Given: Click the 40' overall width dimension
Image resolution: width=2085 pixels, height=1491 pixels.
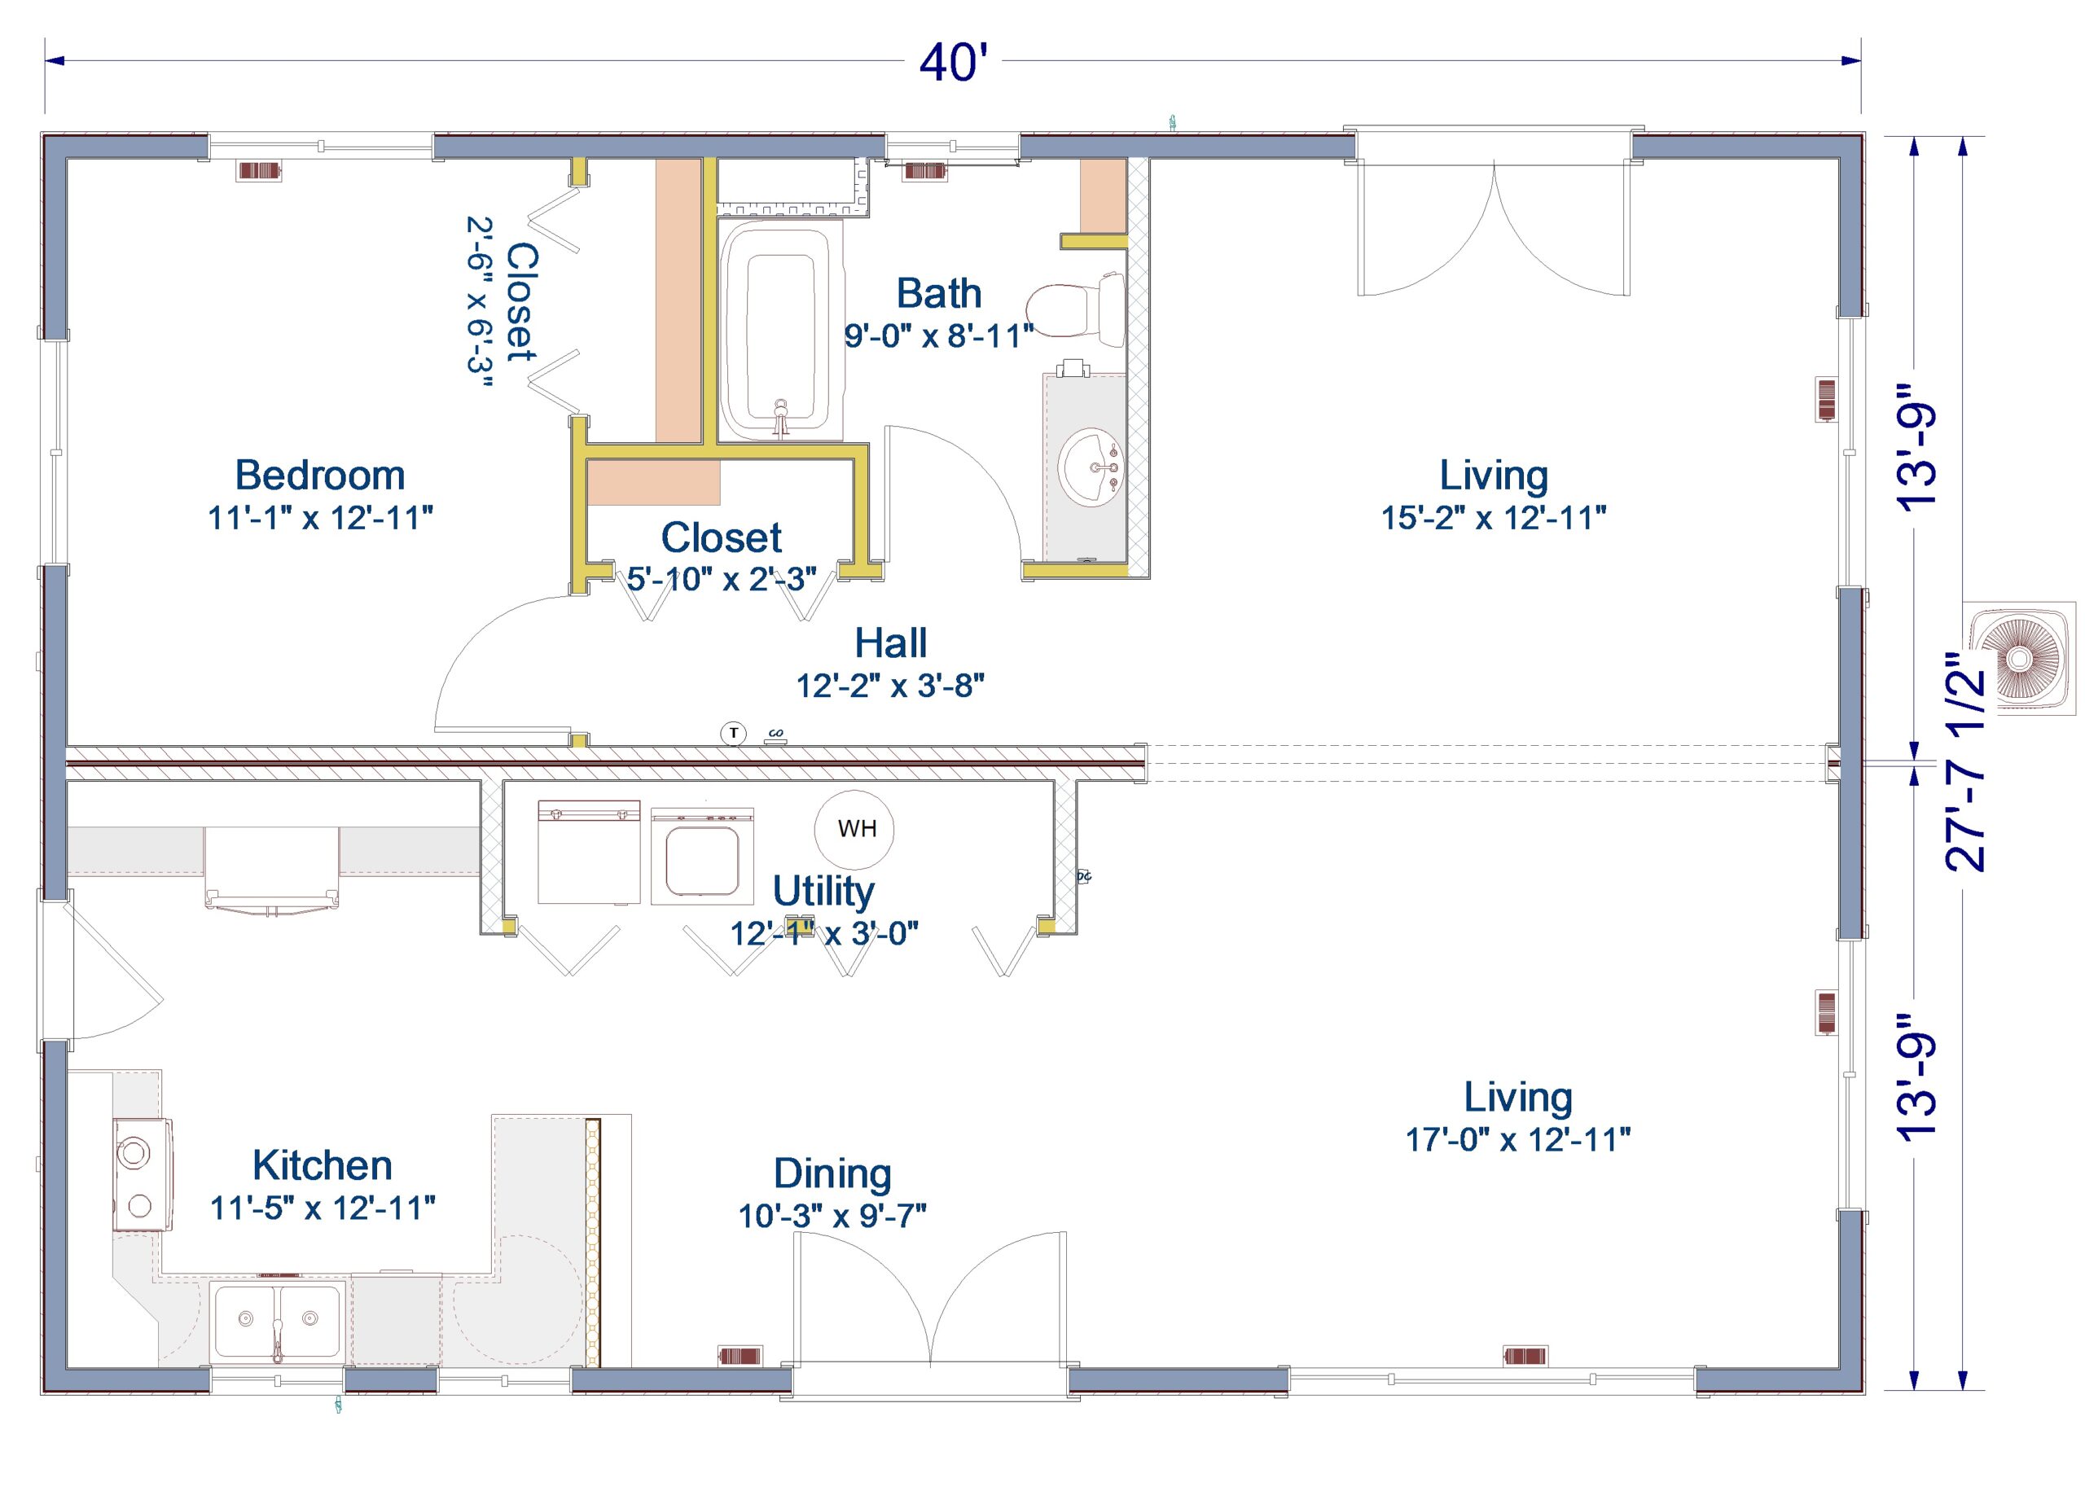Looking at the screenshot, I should (x=953, y=63).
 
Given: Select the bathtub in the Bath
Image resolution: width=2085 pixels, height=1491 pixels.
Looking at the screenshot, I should (x=780, y=331).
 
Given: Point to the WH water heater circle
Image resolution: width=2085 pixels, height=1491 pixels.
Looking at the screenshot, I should (x=854, y=829).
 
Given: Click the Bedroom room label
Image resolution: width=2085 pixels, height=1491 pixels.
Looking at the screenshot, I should (x=319, y=476).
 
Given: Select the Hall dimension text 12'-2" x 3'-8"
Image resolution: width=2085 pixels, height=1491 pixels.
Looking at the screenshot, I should (x=889, y=686).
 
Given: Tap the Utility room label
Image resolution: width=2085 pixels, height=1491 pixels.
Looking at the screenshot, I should (x=823, y=891).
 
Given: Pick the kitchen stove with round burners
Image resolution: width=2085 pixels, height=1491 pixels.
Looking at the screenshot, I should (x=140, y=1174).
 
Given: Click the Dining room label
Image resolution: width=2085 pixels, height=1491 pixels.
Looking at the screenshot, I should (x=832, y=1173).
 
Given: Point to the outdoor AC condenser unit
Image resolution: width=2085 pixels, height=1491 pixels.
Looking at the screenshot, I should (x=2018, y=657).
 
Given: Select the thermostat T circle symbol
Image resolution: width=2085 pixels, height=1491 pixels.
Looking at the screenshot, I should (x=733, y=733).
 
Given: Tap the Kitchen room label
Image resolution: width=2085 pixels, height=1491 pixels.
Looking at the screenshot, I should (x=323, y=1165).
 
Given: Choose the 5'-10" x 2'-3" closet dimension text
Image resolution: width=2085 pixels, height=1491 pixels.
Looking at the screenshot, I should (x=722, y=579).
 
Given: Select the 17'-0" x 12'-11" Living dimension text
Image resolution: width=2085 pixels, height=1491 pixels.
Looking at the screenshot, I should (x=1517, y=1139).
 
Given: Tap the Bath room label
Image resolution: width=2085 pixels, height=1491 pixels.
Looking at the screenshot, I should (x=938, y=294).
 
